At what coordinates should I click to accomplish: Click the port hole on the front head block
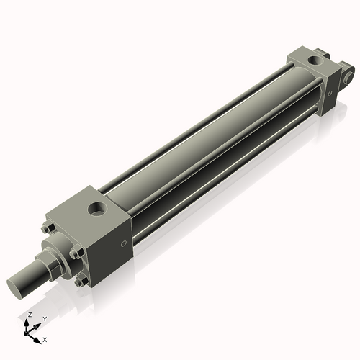click(96, 210)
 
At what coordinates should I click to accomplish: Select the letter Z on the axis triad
click(29, 315)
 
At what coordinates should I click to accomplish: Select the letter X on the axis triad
click(45, 338)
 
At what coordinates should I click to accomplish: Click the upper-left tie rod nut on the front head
click(48, 230)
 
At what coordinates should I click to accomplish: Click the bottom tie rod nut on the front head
click(78, 282)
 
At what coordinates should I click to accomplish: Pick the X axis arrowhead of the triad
click(39, 337)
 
